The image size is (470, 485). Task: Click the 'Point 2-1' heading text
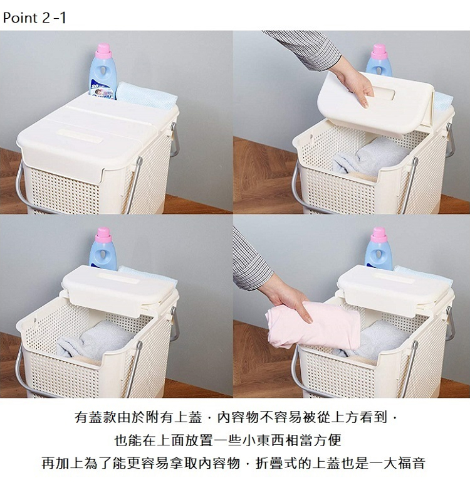pyautogui.click(x=34, y=18)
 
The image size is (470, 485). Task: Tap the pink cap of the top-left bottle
pyautogui.click(x=103, y=51)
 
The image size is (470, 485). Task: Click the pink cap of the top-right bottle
pyautogui.click(x=379, y=51)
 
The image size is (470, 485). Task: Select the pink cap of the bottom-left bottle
pyautogui.click(x=103, y=235)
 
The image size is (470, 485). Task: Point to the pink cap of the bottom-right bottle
pyautogui.click(x=379, y=235)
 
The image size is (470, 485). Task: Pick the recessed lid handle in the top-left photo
pyautogui.click(x=80, y=136)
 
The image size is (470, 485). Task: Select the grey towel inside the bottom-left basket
pyautogui.click(x=94, y=340)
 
